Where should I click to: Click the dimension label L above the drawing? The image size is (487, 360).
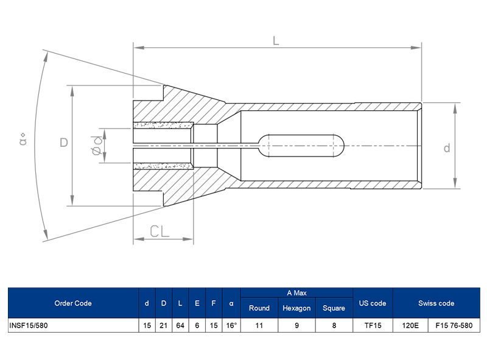click(x=275, y=41)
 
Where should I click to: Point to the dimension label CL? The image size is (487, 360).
click(x=160, y=231)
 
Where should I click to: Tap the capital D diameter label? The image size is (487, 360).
click(x=63, y=143)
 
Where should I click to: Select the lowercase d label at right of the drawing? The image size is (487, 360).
click(x=446, y=147)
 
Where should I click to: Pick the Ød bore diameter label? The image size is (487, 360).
click(x=96, y=146)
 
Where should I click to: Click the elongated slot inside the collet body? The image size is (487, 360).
click(x=302, y=146)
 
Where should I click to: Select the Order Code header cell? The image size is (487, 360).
click(x=72, y=303)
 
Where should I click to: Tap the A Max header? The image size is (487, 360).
click(x=296, y=293)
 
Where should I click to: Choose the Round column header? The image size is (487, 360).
click(x=259, y=308)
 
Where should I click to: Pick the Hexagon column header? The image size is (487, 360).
click(x=296, y=308)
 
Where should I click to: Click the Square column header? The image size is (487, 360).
click(x=334, y=308)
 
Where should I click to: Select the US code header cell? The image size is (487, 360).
click(x=373, y=303)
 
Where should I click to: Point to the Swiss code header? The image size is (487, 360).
click(x=436, y=303)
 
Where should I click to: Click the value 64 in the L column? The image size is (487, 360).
click(x=180, y=325)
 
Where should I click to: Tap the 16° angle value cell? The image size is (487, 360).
click(x=231, y=325)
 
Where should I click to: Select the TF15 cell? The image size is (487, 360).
click(x=373, y=325)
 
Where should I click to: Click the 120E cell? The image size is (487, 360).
click(x=411, y=325)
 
